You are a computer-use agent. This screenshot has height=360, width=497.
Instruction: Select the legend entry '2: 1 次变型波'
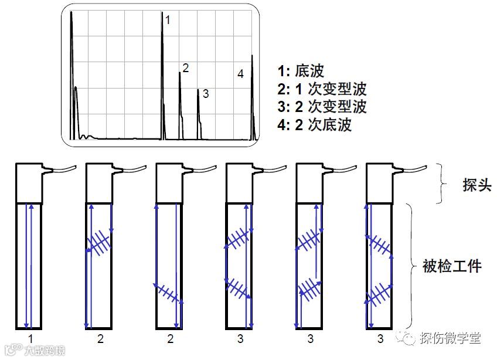(322, 89)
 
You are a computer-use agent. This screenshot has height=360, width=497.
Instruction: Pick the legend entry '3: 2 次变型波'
(322, 107)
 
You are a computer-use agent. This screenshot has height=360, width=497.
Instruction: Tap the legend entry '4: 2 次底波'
(315, 124)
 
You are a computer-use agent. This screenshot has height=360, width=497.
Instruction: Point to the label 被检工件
(452, 267)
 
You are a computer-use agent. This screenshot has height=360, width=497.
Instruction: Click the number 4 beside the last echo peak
(240, 74)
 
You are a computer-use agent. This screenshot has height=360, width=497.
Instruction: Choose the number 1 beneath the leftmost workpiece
(30, 338)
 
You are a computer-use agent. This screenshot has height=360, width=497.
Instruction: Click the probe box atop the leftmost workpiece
(29, 182)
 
